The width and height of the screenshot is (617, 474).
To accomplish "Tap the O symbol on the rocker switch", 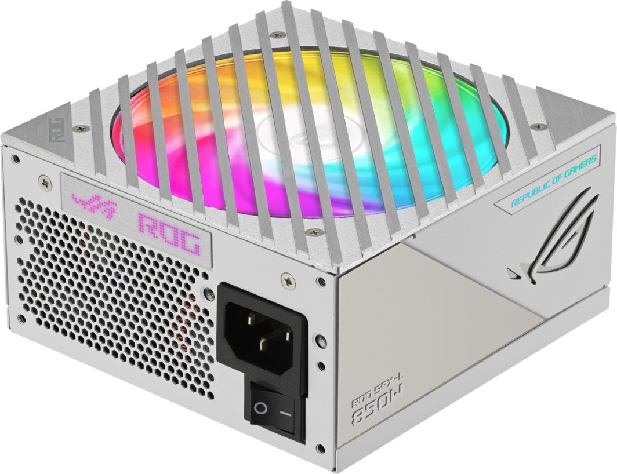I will pos(261,409).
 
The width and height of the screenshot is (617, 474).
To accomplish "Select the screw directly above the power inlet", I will pos(285,279).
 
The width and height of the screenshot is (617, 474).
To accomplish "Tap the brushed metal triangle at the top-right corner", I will pos(574,110).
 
